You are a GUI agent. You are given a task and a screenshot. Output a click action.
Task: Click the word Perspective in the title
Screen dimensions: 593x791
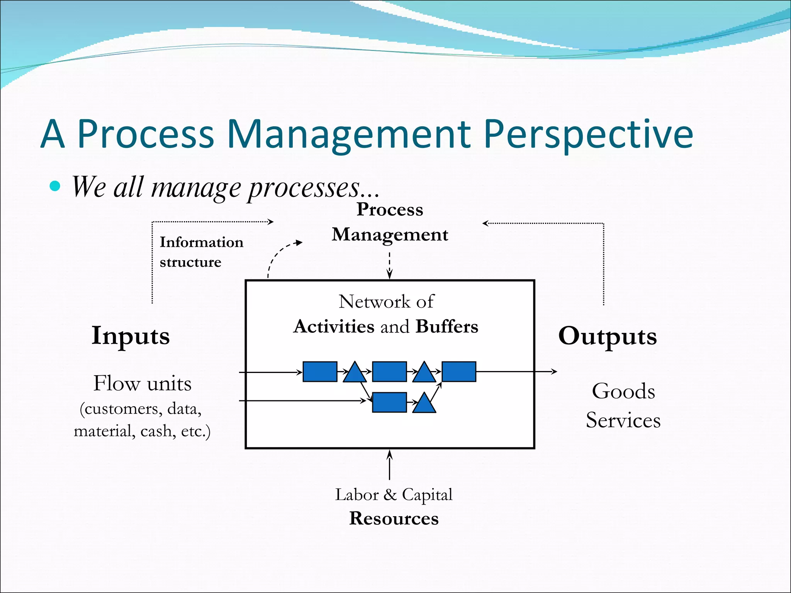588,134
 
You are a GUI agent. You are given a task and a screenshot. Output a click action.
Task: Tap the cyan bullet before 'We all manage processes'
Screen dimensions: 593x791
55,186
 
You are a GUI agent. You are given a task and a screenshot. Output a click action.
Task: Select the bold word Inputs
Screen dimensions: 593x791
131,335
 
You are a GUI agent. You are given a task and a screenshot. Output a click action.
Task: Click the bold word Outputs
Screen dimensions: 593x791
607,336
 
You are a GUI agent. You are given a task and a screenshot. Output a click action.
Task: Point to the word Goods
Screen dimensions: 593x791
623,391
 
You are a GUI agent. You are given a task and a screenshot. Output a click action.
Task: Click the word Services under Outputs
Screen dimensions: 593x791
623,420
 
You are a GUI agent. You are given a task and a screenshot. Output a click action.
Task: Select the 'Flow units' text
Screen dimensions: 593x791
142,383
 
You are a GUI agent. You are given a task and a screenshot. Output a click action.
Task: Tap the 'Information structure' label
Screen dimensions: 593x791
201,252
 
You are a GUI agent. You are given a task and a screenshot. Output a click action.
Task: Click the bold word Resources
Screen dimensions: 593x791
394,518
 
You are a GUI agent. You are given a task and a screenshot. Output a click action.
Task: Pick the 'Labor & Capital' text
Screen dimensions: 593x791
394,495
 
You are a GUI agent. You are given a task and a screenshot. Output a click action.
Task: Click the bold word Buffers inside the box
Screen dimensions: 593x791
447,327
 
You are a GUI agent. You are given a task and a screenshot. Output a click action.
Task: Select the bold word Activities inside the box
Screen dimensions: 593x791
334,327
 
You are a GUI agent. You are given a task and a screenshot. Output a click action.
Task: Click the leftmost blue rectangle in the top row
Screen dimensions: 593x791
320,372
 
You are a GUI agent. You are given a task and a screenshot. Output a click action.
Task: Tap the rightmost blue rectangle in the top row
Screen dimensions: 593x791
458,372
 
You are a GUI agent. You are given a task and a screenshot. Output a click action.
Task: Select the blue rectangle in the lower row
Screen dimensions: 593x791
389,402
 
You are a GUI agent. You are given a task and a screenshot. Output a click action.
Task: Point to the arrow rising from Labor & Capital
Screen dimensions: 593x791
389,465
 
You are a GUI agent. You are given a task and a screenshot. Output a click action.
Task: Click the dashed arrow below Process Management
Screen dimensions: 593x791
389,266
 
